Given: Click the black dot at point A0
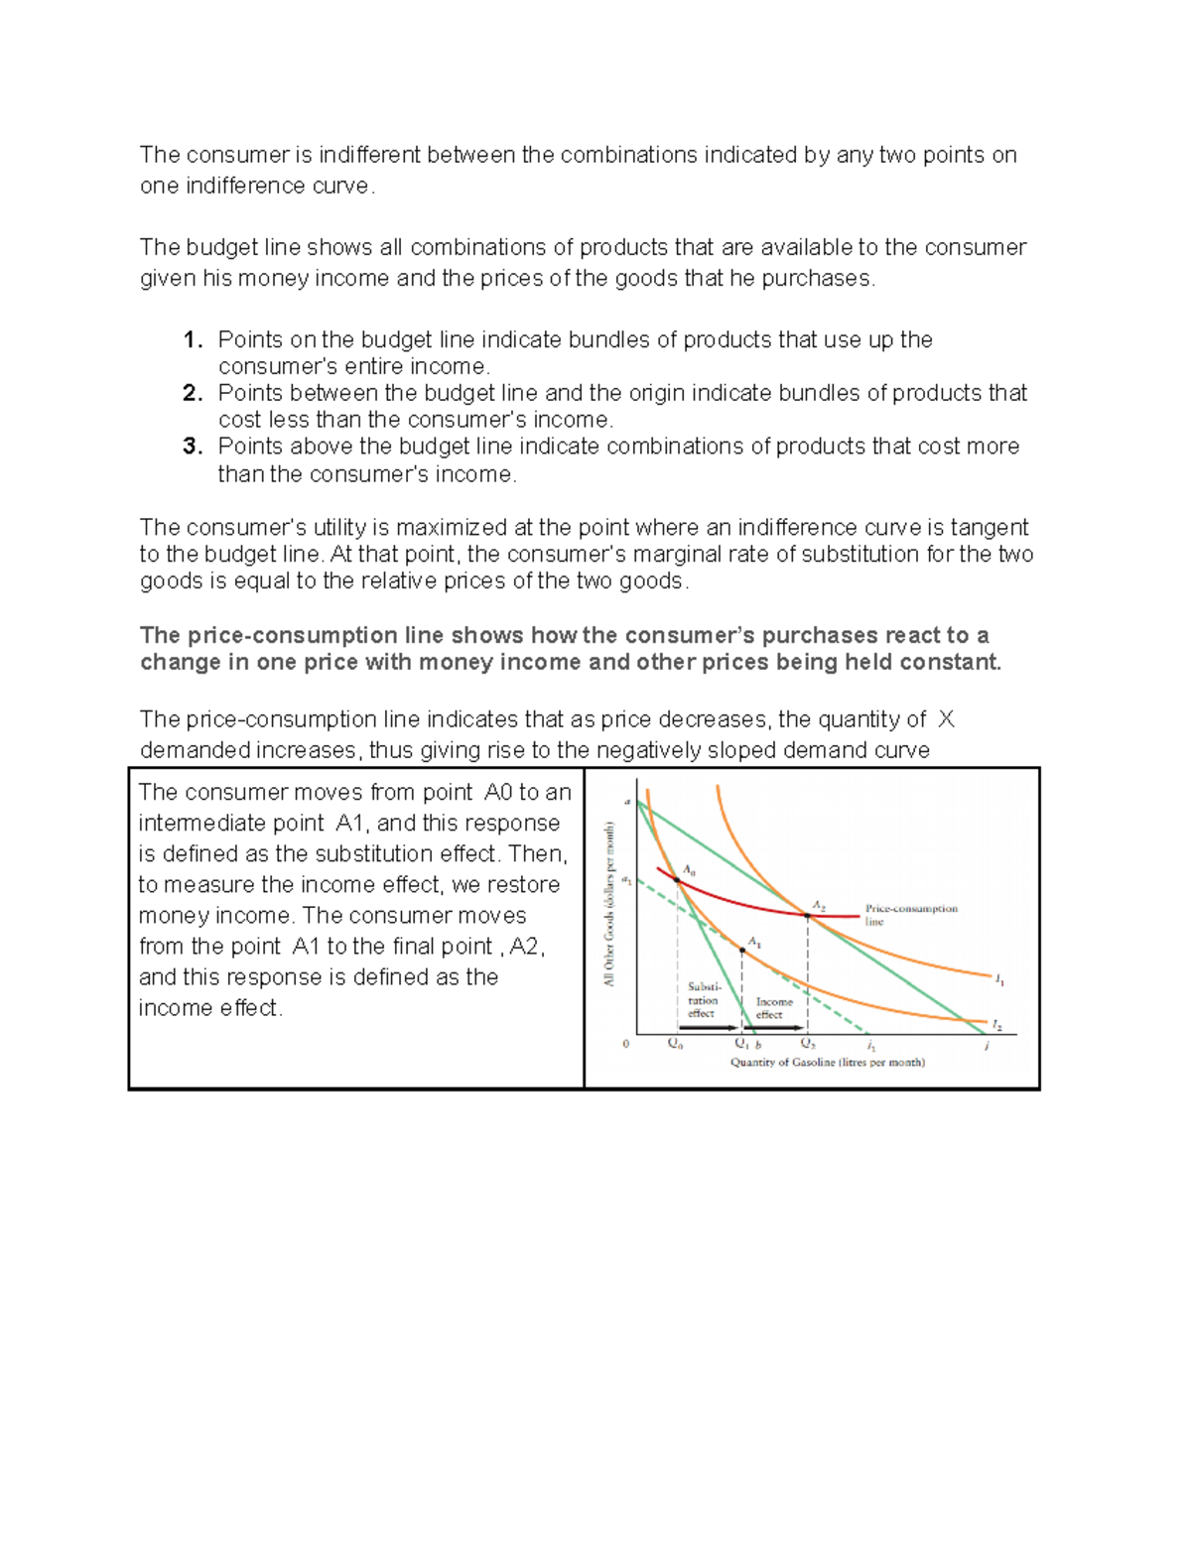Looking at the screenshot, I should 678,879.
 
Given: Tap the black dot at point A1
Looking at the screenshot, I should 742,951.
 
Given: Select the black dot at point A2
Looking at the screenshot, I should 807,916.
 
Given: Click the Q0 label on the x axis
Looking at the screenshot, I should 675,1044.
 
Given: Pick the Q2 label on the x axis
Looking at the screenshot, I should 809,1044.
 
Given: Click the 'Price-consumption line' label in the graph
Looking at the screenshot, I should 910,914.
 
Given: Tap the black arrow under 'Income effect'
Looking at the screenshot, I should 774,1028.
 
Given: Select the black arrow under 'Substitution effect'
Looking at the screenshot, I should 708,1028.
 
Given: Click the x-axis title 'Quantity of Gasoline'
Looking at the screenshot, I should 827,1062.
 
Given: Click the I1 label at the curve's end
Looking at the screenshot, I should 999,979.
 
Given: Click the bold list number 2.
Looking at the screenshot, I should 193,393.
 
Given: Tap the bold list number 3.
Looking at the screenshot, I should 193,447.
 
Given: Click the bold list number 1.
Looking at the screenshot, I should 193,340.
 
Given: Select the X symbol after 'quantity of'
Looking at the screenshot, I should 946,719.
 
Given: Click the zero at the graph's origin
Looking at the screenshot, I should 625,1044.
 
